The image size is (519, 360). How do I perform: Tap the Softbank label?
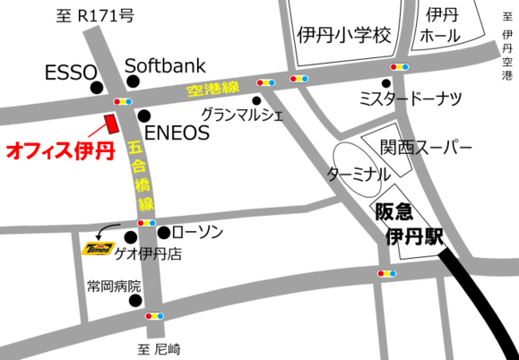165,64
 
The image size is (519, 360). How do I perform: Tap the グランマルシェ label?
242,115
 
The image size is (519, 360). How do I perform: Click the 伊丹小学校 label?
343,35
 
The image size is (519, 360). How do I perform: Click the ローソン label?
196,232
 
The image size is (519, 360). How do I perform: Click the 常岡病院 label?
114,287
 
